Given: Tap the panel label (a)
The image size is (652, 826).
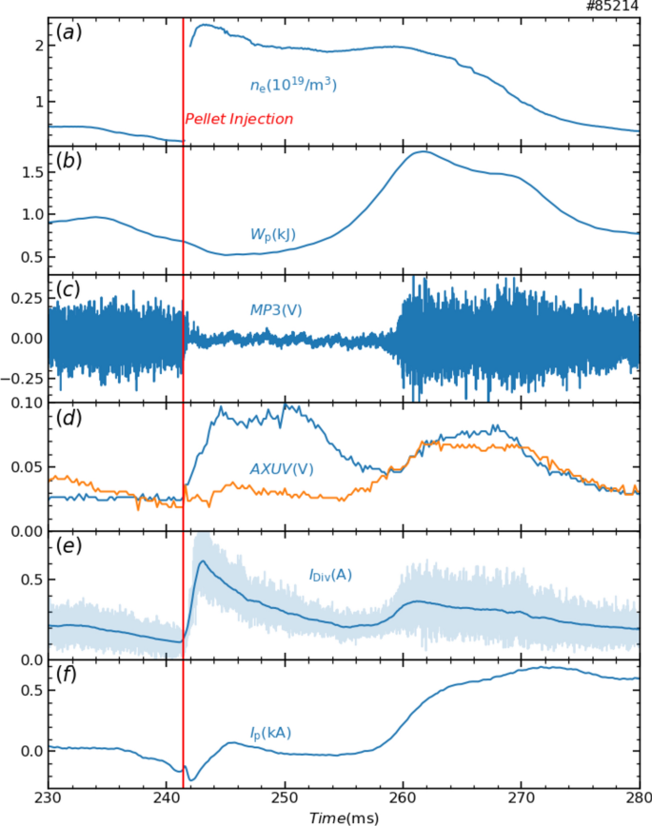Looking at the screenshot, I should pyautogui.click(x=68, y=31).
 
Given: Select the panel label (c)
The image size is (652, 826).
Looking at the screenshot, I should pyautogui.click(x=68, y=288).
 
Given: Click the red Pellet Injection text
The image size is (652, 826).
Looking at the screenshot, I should pyautogui.click(x=238, y=119).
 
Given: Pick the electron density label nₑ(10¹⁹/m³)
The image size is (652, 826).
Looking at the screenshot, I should pyautogui.click(x=293, y=86).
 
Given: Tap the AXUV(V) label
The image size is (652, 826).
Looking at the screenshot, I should pyautogui.click(x=281, y=468).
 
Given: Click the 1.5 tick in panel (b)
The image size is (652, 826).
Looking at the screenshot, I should pyautogui.click(x=27, y=171).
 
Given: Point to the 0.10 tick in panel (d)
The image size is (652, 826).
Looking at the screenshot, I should pyautogui.click(x=23, y=403).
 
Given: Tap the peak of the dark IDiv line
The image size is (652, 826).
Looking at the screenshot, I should pyautogui.click(x=202, y=561).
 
